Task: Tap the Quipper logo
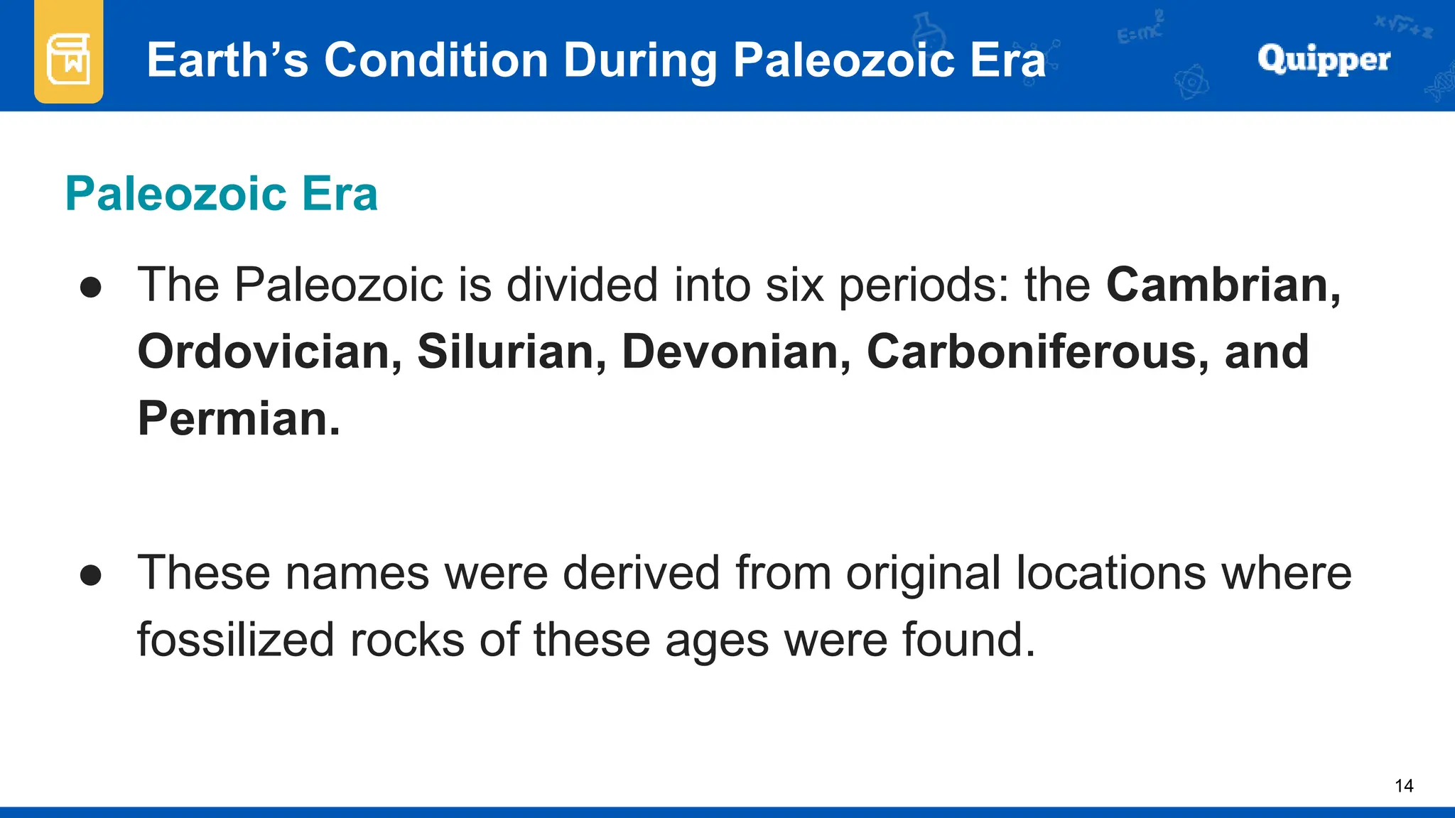(x=1324, y=60)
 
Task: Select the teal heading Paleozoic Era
(x=221, y=194)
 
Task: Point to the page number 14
(x=1404, y=785)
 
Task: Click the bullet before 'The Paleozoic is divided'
(x=91, y=288)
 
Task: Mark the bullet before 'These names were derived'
(x=91, y=575)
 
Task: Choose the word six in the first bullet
(x=794, y=285)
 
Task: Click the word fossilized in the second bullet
(x=235, y=639)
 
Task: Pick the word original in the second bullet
(x=923, y=574)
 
